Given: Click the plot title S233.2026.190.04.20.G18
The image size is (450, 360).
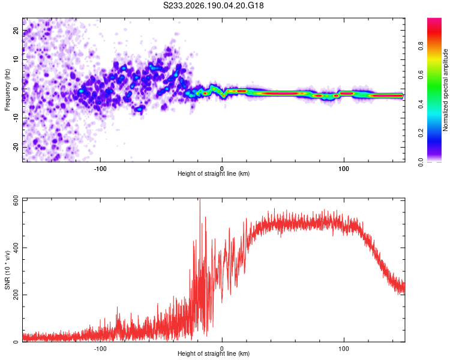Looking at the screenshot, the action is pyautogui.click(x=213, y=5).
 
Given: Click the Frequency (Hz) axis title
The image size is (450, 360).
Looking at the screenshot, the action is pyautogui.click(x=7, y=90).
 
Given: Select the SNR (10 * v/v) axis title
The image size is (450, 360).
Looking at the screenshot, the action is pyautogui.click(x=7, y=270).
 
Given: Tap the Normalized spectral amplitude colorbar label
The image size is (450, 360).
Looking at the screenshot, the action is pyautogui.click(x=445, y=90).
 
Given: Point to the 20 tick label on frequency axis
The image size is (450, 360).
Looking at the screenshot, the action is pyautogui.click(x=16, y=30).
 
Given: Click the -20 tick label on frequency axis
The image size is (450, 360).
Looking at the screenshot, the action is pyautogui.click(x=16, y=147).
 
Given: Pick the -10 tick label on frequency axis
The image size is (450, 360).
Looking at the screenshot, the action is pyautogui.click(x=16, y=118).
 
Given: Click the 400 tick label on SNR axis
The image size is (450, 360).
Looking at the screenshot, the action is pyautogui.click(x=16, y=247).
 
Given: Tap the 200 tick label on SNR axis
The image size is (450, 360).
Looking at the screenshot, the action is pyautogui.click(x=16, y=295).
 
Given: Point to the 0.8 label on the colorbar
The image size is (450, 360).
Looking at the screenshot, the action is pyautogui.click(x=421, y=46).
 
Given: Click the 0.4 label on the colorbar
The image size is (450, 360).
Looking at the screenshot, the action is pyautogui.click(x=421, y=104).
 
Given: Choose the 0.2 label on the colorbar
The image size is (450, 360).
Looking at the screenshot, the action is pyautogui.click(x=421, y=133).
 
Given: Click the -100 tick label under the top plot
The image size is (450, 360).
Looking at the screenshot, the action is pyautogui.click(x=100, y=169).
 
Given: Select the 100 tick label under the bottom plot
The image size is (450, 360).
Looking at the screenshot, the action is pyautogui.click(x=344, y=349).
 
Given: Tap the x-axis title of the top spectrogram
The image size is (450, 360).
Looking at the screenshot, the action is pyautogui.click(x=214, y=173).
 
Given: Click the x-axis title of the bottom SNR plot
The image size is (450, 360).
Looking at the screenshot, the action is pyautogui.click(x=214, y=353).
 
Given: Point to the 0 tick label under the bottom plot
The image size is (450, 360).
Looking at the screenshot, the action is pyautogui.click(x=222, y=349).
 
